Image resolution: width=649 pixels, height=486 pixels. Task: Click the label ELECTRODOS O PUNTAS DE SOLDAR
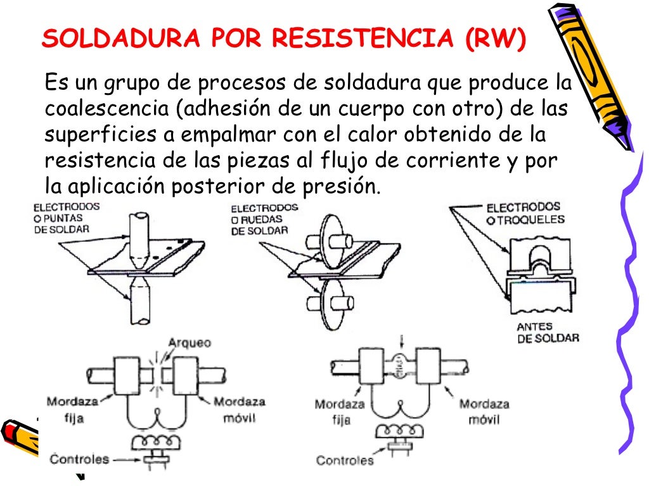(61, 218)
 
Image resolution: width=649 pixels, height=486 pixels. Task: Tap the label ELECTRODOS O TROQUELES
(525, 214)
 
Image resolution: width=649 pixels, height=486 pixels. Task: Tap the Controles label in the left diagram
(80, 459)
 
